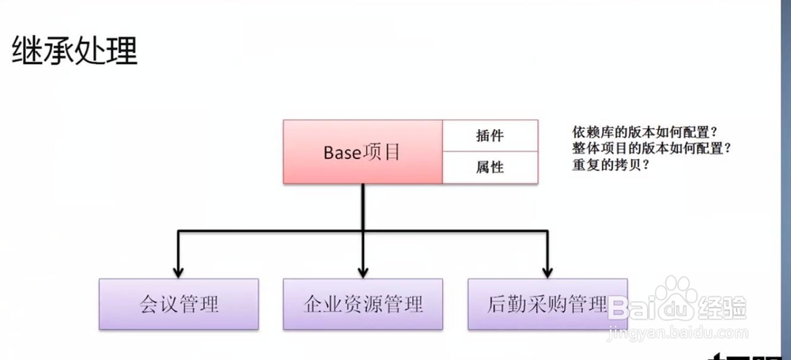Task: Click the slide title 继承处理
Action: click(x=74, y=51)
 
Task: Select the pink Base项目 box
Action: click(x=361, y=152)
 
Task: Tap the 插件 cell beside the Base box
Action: click(x=490, y=135)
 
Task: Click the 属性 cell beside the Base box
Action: click(x=490, y=167)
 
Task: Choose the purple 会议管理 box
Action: click(x=179, y=304)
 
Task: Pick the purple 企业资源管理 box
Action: click(x=363, y=304)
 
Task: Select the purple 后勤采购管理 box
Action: click(x=547, y=304)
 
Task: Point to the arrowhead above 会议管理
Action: click(x=179, y=270)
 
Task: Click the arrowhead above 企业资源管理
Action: click(x=363, y=270)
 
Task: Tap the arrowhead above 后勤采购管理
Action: click(x=547, y=270)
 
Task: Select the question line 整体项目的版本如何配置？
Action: click(x=649, y=149)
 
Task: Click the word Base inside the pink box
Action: click(x=342, y=152)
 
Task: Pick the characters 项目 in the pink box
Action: click(x=382, y=152)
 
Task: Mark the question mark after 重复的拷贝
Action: click(x=645, y=166)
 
